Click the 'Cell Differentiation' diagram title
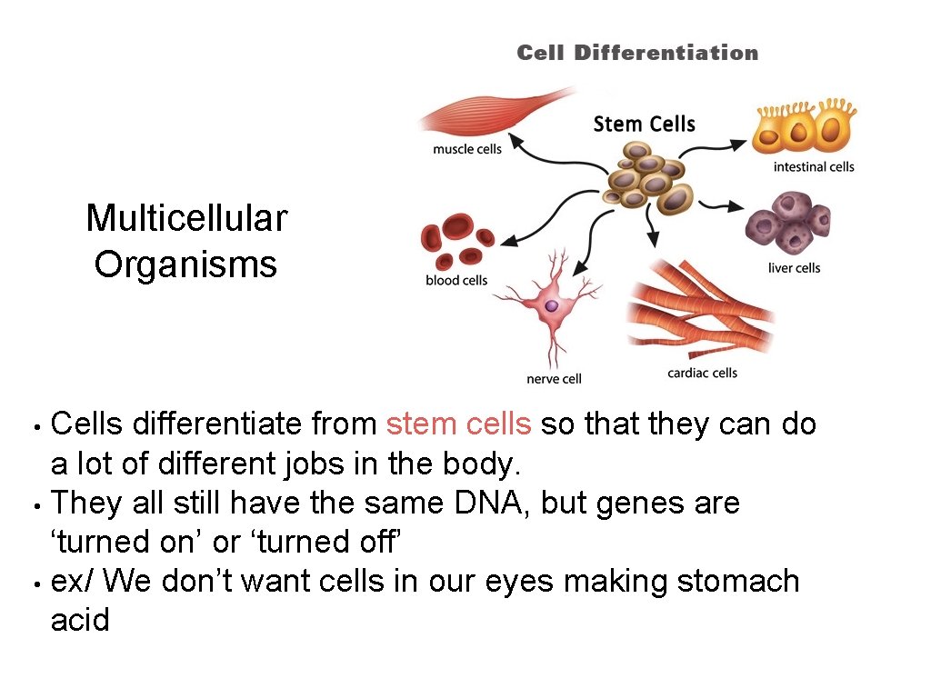637,53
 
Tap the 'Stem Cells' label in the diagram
644,124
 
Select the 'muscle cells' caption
466,149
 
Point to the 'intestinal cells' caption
814,166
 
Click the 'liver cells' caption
794,267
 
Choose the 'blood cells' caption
456,280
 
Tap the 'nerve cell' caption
554,378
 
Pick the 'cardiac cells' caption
702,373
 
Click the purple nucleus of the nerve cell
551,306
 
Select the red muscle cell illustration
491,114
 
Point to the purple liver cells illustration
788,222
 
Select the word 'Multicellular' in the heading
186,218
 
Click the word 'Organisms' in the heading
185,264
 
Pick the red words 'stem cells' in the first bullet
459,424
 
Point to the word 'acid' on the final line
80,621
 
